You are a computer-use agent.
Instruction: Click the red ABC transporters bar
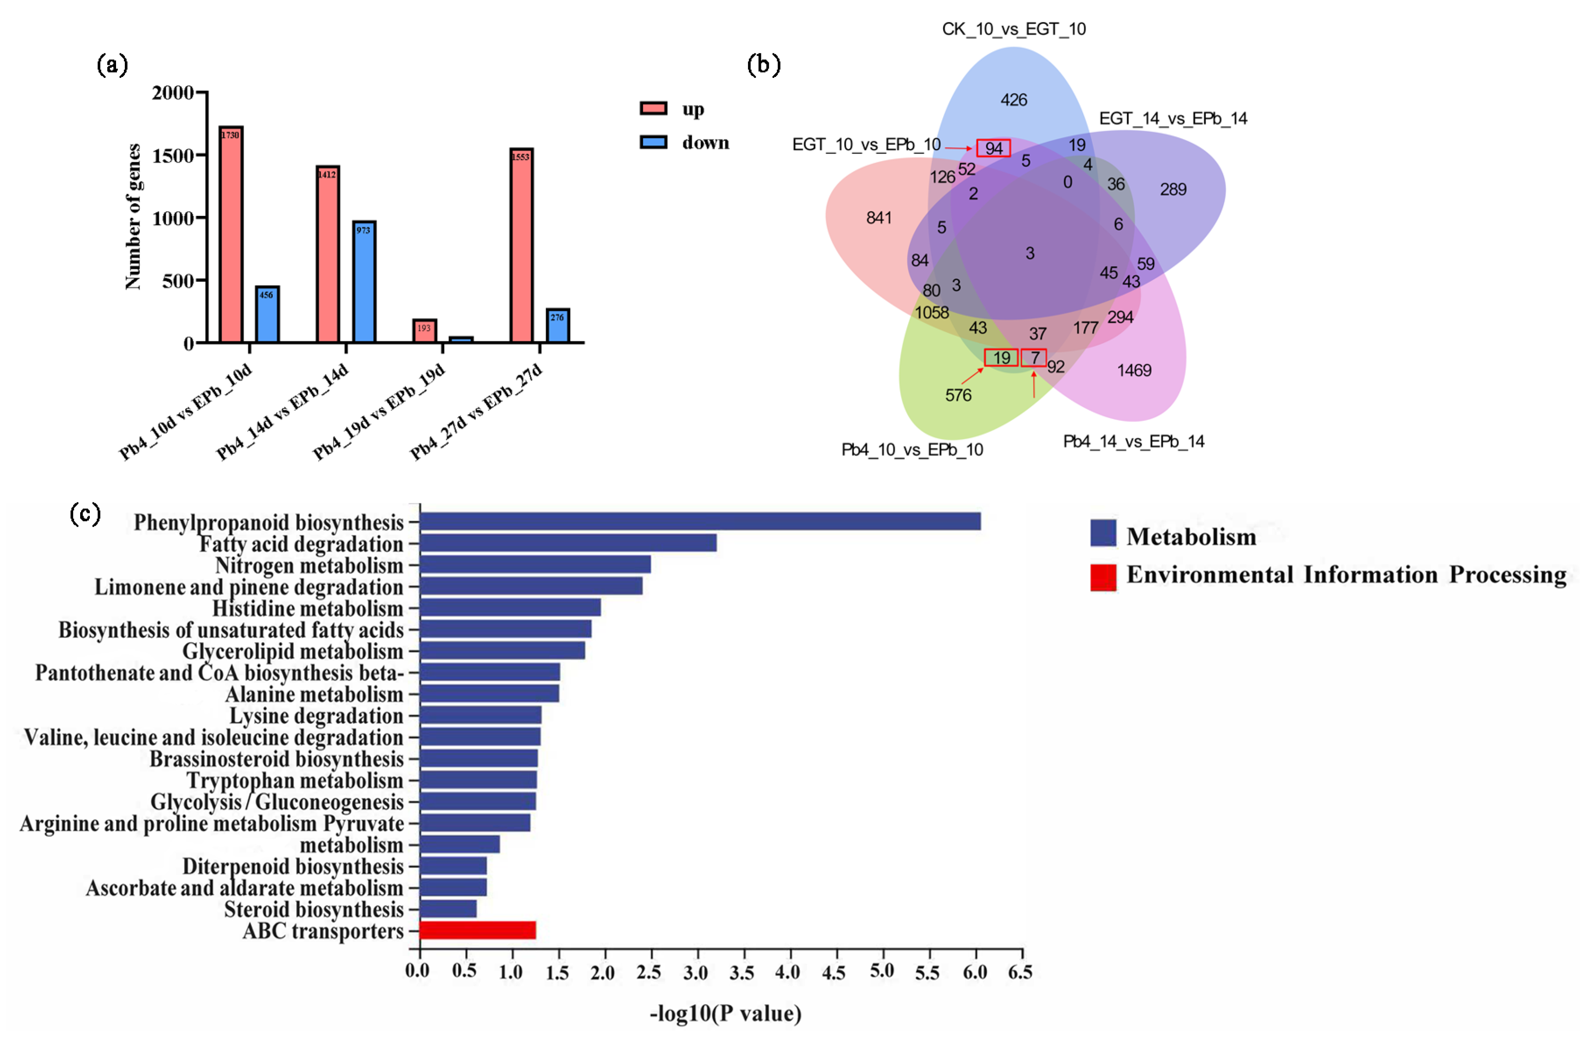tap(477, 930)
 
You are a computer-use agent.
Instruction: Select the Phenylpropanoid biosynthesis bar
tap(699, 521)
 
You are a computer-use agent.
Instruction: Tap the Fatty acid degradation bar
tap(568, 543)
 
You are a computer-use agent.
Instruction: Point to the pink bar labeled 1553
tap(521, 245)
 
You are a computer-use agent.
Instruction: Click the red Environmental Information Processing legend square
tap(1103, 577)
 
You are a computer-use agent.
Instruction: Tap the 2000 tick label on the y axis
tap(172, 93)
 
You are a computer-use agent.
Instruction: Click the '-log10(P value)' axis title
tap(725, 1013)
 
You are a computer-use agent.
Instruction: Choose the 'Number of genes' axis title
tap(133, 217)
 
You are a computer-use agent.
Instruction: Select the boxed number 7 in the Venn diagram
tap(1033, 358)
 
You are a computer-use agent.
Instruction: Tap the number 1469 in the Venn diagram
tap(1134, 370)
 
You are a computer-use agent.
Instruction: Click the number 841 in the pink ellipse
tap(878, 217)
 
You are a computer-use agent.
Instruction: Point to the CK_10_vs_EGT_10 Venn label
tap(1014, 29)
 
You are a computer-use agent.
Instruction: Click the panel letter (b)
tap(763, 64)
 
